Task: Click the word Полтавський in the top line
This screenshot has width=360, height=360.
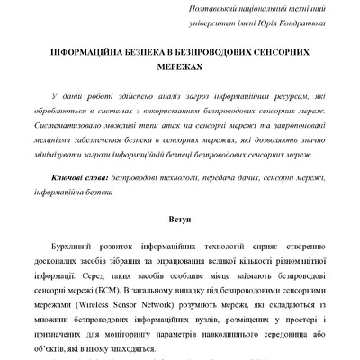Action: [209, 8]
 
